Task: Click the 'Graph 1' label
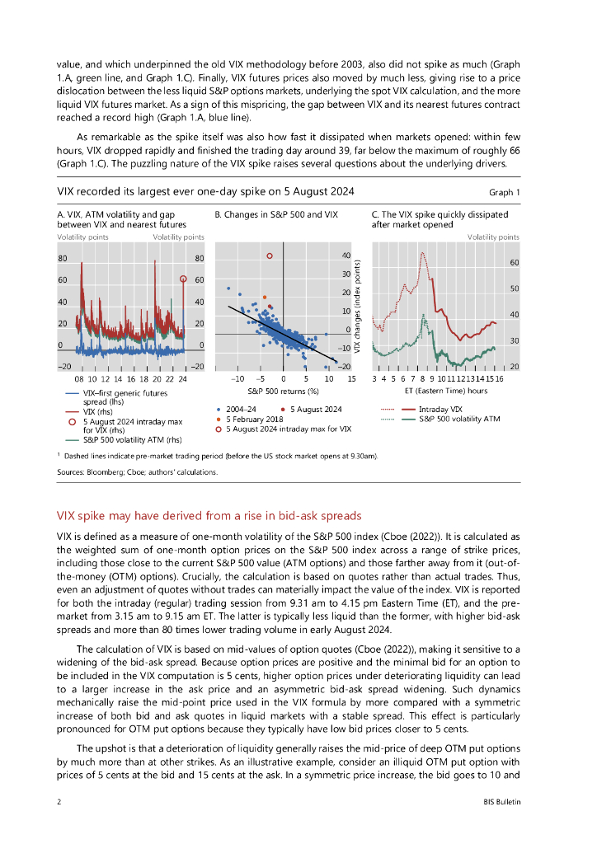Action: point(505,192)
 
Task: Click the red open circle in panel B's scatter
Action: point(270,256)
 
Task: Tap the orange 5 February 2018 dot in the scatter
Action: point(264,296)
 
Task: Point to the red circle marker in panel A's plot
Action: point(184,279)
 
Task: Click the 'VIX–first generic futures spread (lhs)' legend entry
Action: point(119,398)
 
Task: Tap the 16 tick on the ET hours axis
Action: point(500,377)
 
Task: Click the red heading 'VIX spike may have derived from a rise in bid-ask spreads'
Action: point(209,516)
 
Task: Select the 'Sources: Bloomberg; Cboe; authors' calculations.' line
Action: point(137,472)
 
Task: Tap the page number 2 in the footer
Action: point(59,801)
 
